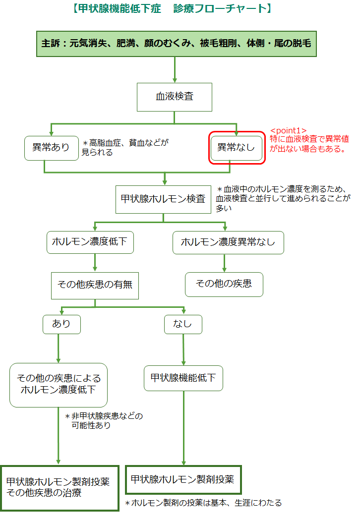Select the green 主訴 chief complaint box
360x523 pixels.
[176, 43]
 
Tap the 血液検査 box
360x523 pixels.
[175, 96]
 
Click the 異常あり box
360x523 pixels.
[51, 147]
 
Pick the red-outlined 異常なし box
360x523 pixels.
[237, 147]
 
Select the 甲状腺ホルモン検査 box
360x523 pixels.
[164, 199]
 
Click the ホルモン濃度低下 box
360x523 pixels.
[90, 242]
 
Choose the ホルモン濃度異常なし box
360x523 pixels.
[228, 242]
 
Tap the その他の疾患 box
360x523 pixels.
[224, 284]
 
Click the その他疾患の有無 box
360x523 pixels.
[95, 285]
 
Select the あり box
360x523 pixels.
[61, 324]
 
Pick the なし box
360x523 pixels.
[183, 324]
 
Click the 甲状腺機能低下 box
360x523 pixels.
[183, 378]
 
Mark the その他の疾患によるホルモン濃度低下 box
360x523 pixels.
[59, 384]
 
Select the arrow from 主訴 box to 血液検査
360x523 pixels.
[175, 69]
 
